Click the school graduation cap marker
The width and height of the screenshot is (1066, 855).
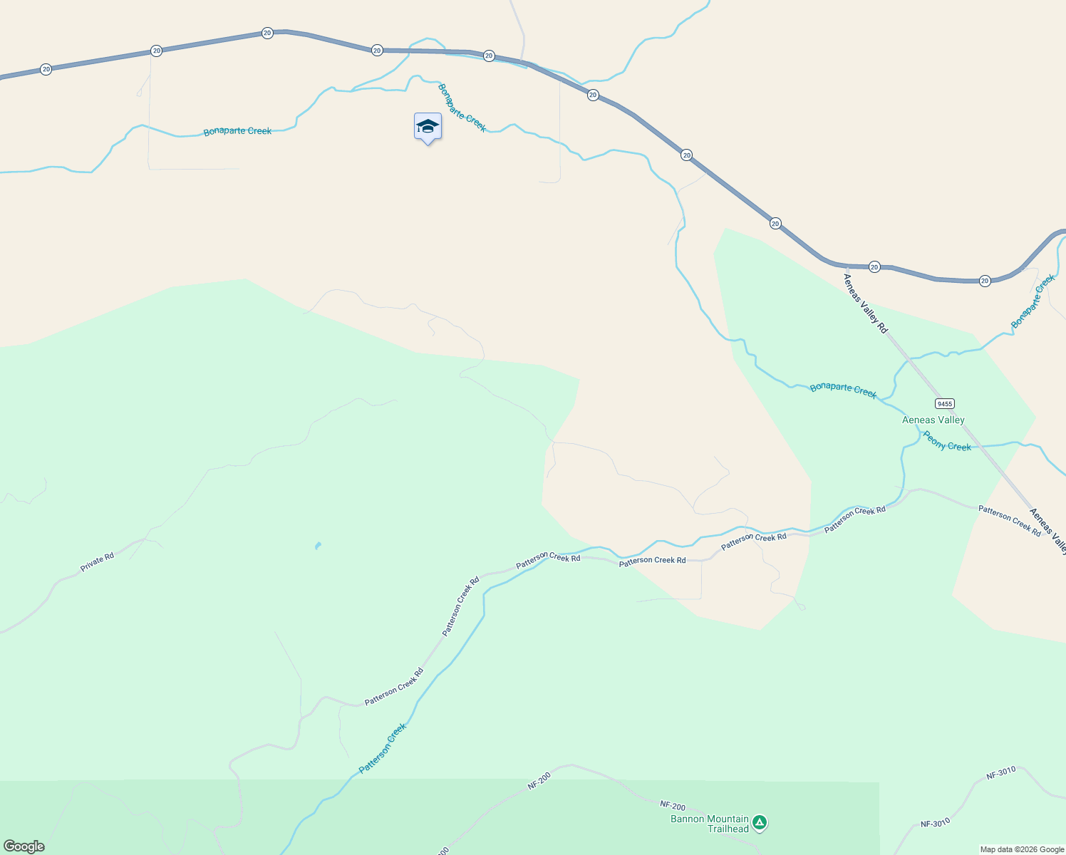[x=428, y=127]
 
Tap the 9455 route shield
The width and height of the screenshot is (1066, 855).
[x=945, y=403]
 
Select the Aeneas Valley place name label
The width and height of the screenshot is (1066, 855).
[x=933, y=420]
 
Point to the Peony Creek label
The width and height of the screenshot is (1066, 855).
[x=947, y=441]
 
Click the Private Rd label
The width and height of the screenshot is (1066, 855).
[x=97, y=562]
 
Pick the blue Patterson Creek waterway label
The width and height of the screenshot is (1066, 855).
[x=383, y=748]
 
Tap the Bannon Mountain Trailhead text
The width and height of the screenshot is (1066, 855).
[x=710, y=824]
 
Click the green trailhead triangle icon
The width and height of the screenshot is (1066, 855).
[x=760, y=823]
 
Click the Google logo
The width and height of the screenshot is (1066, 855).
[x=24, y=846]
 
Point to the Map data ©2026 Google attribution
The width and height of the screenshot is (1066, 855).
[x=1021, y=849]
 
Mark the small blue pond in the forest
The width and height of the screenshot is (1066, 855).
[x=317, y=546]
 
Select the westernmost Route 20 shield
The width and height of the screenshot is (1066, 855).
[x=46, y=69]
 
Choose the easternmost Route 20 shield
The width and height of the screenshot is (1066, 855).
[x=985, y=281]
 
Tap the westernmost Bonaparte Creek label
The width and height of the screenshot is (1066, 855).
[x=237, y=131]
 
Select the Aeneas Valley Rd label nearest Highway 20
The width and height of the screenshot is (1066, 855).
[x=866, y=303]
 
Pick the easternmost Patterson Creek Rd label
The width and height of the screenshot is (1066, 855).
[x=1009, y=520]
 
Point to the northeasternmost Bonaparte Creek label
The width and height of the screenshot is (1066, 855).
[x=1033, y=301]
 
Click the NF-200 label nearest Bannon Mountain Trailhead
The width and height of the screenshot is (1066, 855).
[x=672, y=806]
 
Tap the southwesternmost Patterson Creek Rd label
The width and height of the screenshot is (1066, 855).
[x=394, y=687]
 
